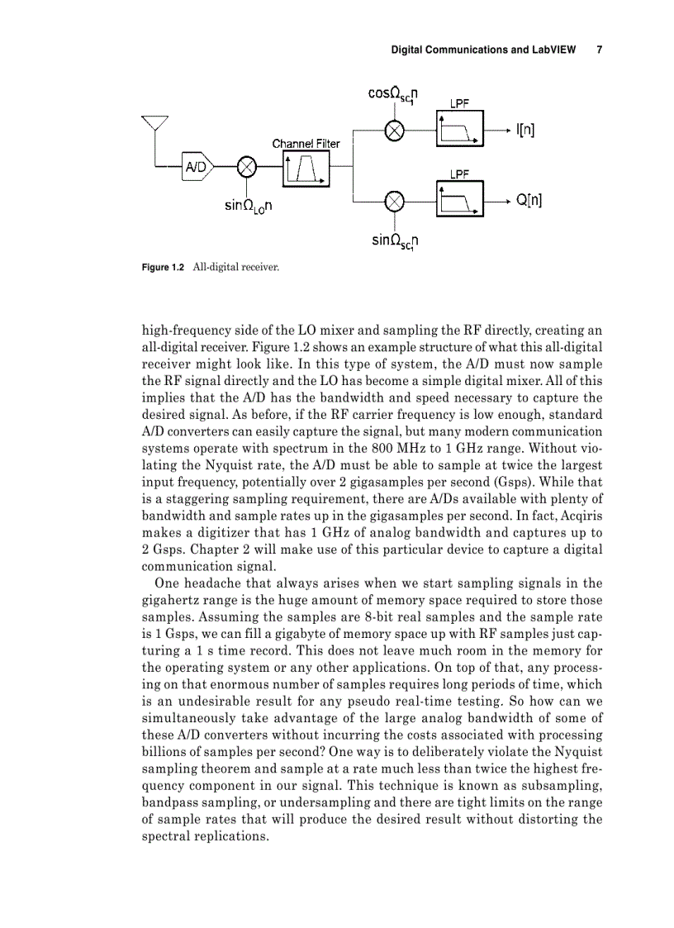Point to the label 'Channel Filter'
click(x=306, y=143)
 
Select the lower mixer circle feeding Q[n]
click(x=395, y=200)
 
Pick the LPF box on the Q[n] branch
click(x=459, y=200)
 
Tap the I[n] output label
click(x=524, y=130)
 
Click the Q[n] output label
click(x=529, y=200)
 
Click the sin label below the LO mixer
click(x=249, y=204)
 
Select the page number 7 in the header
click(x=599, y=50)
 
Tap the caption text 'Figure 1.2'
click(x=162, y=267)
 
